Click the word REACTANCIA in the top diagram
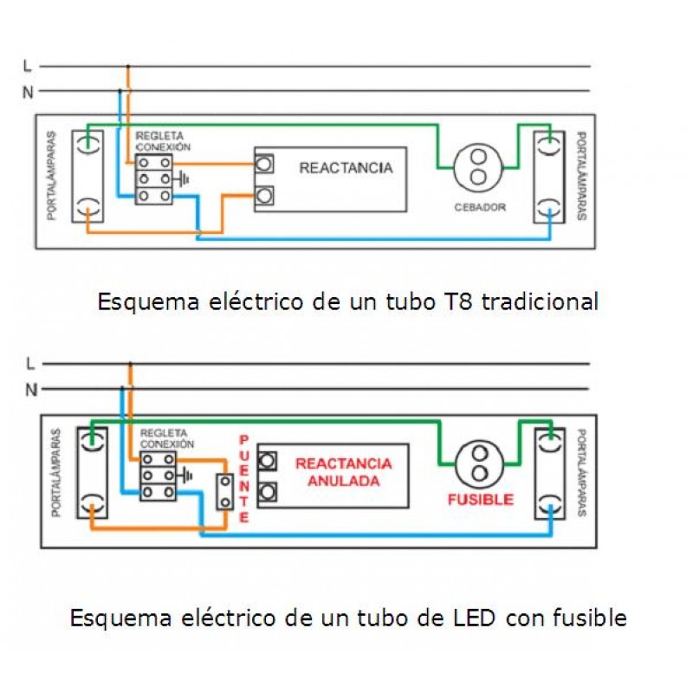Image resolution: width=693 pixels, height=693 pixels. (x=346, y=167)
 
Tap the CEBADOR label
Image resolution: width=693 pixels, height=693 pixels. (x=479, y=208)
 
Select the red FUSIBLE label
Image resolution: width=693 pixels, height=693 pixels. (x=480, y=500)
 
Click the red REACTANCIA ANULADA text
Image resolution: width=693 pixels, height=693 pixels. (x=344, y=471)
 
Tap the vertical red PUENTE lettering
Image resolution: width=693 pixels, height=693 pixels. (x=243, y=478)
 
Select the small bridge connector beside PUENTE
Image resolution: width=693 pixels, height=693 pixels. (x=225, y=492)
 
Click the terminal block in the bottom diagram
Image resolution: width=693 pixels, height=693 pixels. (x=158, y=476)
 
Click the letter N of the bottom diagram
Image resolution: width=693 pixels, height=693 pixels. (x=31, y=389)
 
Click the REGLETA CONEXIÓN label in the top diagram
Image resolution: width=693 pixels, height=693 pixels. (x=163, y=142)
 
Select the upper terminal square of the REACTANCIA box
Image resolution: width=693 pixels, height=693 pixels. (x=265, y=163)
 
